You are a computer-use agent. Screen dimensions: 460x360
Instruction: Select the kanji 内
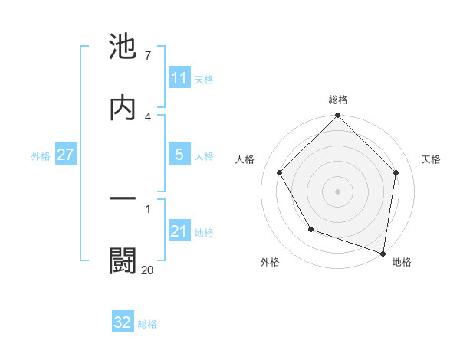[123, 108]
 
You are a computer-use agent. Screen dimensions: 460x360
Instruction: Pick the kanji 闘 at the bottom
[123, 260]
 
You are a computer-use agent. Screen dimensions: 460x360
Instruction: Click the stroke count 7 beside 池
[147, 56]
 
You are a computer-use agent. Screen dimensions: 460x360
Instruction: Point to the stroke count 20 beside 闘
[147, 269]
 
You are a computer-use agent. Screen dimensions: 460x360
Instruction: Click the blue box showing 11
[179, 78]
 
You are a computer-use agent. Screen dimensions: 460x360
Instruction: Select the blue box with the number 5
[179, 155]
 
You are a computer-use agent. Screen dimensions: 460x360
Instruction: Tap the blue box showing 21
[179, 231]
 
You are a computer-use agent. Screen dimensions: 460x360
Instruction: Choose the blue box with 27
[65, 155]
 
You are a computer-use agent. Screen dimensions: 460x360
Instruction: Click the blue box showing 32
[123, 322]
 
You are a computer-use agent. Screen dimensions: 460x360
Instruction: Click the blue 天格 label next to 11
[204, 80]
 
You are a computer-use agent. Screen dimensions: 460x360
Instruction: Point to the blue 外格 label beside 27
[41, 156]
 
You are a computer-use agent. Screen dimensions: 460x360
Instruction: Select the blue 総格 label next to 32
[147, 324]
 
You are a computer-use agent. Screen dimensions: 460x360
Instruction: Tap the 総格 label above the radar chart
[338, 100]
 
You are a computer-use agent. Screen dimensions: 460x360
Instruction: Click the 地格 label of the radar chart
[402, 263]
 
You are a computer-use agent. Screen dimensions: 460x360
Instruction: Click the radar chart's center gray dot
[338, 191]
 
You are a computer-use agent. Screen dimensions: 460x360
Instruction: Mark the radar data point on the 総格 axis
[338, 117]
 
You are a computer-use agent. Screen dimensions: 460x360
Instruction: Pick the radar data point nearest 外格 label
[310, 229]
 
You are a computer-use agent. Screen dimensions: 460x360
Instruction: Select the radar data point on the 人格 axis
[280, 173]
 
